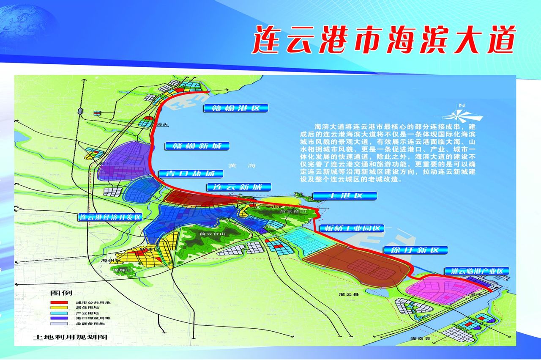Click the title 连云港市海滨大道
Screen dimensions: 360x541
[x=384, y=39]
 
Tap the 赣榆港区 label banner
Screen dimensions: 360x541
[x=236, y=108]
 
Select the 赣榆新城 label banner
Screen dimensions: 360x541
[x=197, y=146]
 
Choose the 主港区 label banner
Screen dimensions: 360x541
[x=344, y=196]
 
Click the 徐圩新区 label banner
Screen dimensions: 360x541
[x=415, y=250]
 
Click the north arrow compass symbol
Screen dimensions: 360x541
[x=462, y=113]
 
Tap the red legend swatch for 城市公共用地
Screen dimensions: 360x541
[x=59, y=303]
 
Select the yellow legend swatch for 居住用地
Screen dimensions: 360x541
[x=59, y=308]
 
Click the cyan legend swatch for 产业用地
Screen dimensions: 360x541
[x=59, y=313]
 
